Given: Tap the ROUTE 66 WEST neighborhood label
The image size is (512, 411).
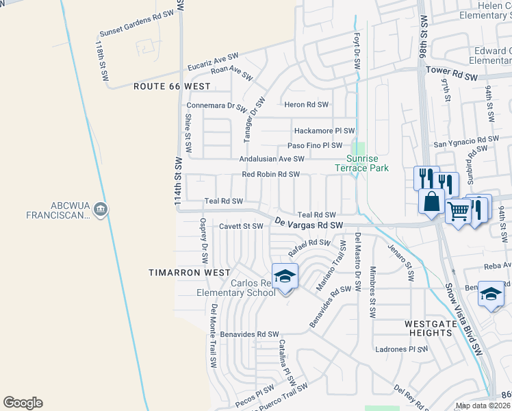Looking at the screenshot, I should point(172,87).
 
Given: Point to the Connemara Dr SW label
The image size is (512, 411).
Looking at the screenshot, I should point(216,107).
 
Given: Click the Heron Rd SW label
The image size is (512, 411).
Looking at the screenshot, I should point(307,105).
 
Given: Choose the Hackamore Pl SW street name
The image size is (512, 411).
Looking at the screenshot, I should point(324,130).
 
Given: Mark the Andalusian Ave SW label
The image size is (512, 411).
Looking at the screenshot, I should point(272,158).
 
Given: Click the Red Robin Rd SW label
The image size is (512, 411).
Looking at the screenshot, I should point(271,174).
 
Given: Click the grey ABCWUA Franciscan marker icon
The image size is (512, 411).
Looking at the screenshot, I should point(101,208).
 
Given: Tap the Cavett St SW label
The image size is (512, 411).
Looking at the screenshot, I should point(240,225).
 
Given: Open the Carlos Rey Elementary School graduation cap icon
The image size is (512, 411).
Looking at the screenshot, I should point(284,276).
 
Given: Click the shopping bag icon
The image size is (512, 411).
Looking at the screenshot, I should point(432,201).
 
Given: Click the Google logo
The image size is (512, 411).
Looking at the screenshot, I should point(23,403).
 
